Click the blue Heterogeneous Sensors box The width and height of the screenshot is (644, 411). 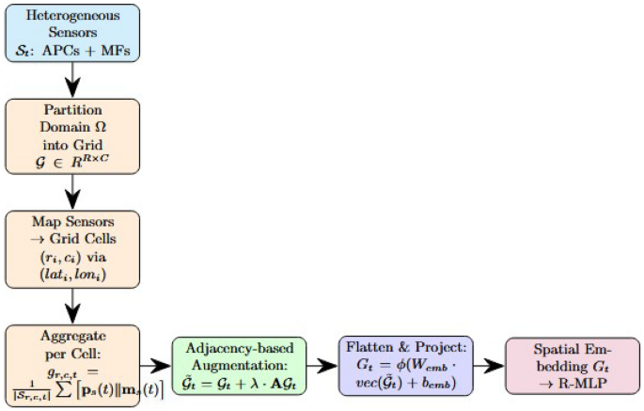pyautogui.click(x=73, y=34)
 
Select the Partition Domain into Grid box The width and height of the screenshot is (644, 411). pyautogui.click(x=73, y=137)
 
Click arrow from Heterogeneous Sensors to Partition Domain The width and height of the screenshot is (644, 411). pyautogui.click(x=73, y=81)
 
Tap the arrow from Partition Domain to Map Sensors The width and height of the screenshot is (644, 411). pyautogui.click(x=73, y=194)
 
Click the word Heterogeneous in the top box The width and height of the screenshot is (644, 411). pyautogui.click(x=73, y=17)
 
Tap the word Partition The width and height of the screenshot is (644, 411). pyautogui.click(x=73, y=111)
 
